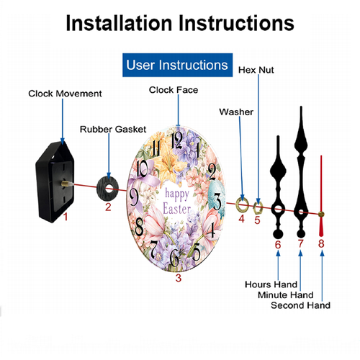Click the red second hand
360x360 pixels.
322,194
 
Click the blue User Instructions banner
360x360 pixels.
177,65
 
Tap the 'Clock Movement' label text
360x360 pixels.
66,94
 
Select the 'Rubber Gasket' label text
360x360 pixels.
109,129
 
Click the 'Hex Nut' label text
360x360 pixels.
256,70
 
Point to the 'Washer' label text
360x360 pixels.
235,112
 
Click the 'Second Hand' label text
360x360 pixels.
300,305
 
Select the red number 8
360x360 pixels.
321,243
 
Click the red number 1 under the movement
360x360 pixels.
65,215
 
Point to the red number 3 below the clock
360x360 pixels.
178,276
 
